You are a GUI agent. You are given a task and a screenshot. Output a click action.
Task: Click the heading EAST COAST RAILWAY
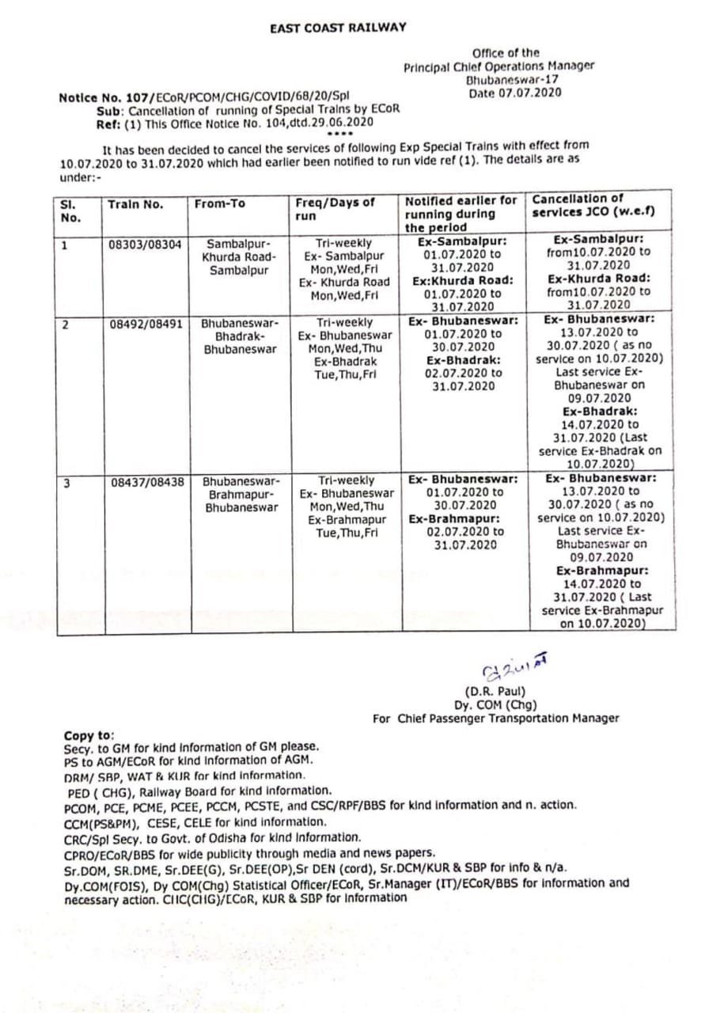[x=338, y=27]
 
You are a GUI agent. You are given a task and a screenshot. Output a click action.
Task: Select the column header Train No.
[x=136, y=204]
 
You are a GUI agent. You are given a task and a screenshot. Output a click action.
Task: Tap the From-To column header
[x=220, y=203]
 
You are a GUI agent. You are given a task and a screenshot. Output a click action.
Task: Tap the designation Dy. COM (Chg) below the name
[x=495, y=704]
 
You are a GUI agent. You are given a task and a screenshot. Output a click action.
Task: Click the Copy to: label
[x=89, y=734]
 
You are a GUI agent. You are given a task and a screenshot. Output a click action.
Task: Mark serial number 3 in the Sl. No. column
[x=67, y=480]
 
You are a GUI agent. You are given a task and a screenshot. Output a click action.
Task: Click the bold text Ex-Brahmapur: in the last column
[x=602, y=571]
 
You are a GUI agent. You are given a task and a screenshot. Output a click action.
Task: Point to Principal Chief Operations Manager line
[x=499, y=66]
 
